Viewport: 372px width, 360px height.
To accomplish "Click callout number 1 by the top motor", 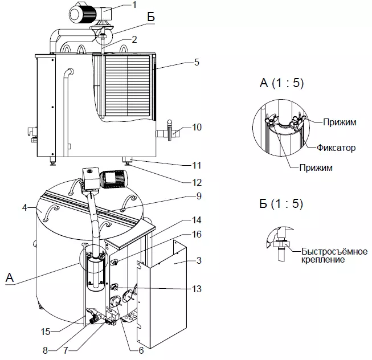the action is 134,5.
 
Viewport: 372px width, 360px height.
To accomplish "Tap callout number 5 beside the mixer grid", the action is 197,62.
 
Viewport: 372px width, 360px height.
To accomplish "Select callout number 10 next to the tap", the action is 197,127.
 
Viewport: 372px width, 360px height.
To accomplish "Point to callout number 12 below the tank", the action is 197,182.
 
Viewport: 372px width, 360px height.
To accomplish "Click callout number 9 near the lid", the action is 199,196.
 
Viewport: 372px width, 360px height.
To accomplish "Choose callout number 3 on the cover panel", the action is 199,260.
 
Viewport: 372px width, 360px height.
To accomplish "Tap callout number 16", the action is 197,234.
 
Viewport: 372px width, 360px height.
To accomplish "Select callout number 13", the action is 197,289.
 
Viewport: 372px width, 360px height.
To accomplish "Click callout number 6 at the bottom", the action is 141,350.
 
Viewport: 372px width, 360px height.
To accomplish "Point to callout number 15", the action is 46,332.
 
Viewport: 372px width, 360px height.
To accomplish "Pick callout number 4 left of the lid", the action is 24,207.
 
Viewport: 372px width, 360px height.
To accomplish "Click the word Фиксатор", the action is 336,148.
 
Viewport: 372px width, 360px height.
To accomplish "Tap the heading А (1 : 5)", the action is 281,83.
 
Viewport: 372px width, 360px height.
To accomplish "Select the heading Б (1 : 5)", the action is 281,203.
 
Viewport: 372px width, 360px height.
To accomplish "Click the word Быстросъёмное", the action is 334,251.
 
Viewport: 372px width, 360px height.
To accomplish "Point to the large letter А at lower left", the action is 10,277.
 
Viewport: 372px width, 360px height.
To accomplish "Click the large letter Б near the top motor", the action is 151,17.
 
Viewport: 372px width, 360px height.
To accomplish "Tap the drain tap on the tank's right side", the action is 169,131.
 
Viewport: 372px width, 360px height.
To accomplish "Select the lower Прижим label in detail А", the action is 316,167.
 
